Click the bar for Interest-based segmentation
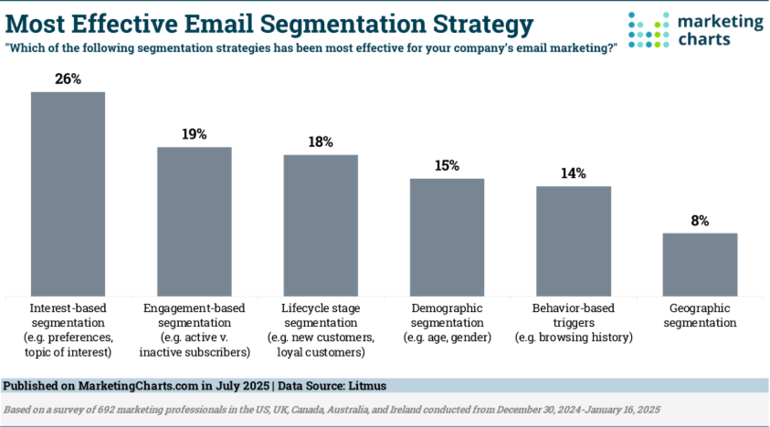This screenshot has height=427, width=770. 69,193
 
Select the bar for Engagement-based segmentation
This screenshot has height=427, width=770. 195,221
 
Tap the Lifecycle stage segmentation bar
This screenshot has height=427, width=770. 321,224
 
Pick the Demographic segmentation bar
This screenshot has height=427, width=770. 447,236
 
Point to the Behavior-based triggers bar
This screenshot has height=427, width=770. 573,241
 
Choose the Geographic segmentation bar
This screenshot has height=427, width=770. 700,264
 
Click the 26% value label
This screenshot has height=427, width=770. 69,78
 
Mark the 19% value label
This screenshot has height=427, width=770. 195,133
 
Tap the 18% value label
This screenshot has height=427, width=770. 321,141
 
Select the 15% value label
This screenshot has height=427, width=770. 447,165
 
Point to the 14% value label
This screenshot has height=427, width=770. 573,173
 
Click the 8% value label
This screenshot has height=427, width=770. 700,220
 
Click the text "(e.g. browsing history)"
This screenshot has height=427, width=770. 573,338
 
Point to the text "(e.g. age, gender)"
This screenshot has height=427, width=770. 447,338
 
